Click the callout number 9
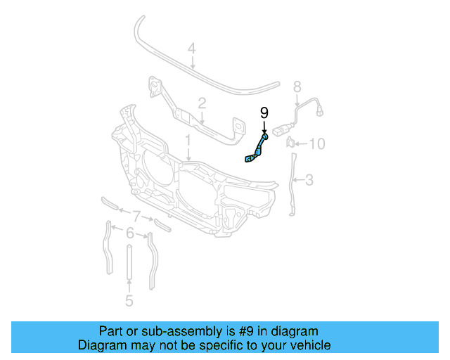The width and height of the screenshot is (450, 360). (x=264, y=113)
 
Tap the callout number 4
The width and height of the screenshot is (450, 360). (x=191, y=49)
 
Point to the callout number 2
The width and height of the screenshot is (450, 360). (x=202, y=104)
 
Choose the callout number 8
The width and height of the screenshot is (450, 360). (x=297, y=86)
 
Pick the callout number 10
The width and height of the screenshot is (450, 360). (x=317, y=144)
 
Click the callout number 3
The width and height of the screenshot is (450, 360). (x=309, y=181)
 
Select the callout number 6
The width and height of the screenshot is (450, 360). (x=129, y=231)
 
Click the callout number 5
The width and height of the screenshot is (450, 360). (x=129, y=301)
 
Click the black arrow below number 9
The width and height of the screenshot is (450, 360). (x=264, y=127)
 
